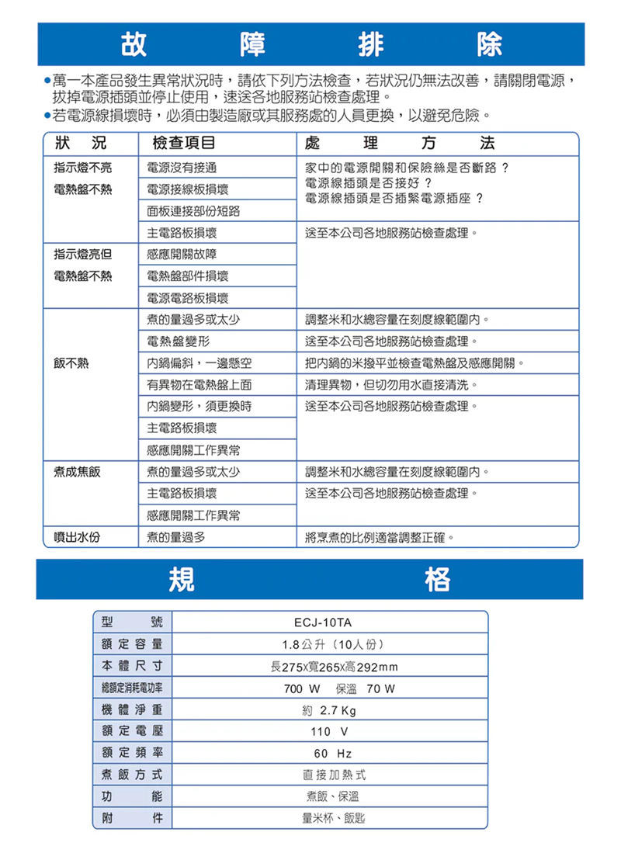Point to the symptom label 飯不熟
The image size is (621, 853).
pyautogui.click(x=71, y=362)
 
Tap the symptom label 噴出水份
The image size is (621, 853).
pyautogui.click(x=77, y=536)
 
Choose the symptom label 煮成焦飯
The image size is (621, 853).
pyautogui.click(x=77, y=472)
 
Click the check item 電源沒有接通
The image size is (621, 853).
pyautogui.click(x=181, y=168)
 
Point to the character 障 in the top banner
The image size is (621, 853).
pyautogui.click(x=249, y=44)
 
